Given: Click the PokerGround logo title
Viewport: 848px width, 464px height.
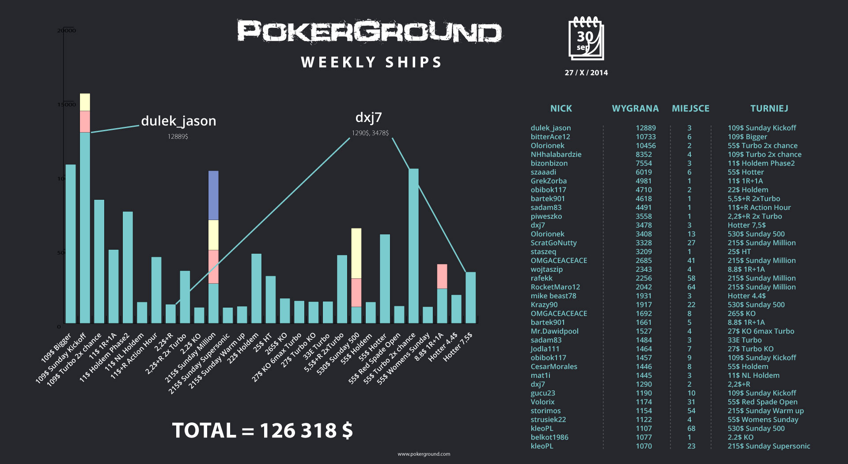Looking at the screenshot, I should tap(369, 32).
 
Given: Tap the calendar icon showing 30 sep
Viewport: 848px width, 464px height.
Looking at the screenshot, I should tap(586, 38).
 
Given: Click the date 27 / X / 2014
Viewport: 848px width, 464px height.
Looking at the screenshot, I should tap(586, 72).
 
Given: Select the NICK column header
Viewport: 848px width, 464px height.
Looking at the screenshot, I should tap(561, 108).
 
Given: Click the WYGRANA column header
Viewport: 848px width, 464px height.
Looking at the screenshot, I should tap(635, 108).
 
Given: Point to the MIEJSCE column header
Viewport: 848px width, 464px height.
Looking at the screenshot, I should tap(690, 108).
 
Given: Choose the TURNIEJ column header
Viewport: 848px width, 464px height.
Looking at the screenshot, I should tap(769, 108).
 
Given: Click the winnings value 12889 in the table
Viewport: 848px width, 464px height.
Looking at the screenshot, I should tap(646, 128).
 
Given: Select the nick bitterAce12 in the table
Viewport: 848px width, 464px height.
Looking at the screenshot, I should tap(550, 137).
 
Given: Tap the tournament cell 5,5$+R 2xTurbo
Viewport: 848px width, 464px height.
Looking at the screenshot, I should tap(754, 198).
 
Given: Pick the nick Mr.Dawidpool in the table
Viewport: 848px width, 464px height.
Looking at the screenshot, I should tap(554, 331).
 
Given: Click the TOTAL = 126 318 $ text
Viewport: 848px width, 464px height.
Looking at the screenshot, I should tap(262, 430).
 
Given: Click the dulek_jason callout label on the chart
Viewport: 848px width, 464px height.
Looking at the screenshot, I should tap(178, 121).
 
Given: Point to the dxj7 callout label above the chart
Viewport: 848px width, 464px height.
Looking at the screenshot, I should tap(368, 118).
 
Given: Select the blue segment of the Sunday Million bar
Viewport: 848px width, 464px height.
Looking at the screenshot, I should tap(213, 195).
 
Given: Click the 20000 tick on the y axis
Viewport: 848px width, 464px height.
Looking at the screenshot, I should tap(66, 30).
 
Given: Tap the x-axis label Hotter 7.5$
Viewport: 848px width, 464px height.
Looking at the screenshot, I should tap(458, 347).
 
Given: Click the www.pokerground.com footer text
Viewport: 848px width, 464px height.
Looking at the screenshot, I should tap(424, 454).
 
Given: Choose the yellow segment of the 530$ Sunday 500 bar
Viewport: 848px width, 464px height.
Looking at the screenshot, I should tap(356, 253).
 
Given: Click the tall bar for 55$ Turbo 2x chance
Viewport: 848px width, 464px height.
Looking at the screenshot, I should tap(413, 245).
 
